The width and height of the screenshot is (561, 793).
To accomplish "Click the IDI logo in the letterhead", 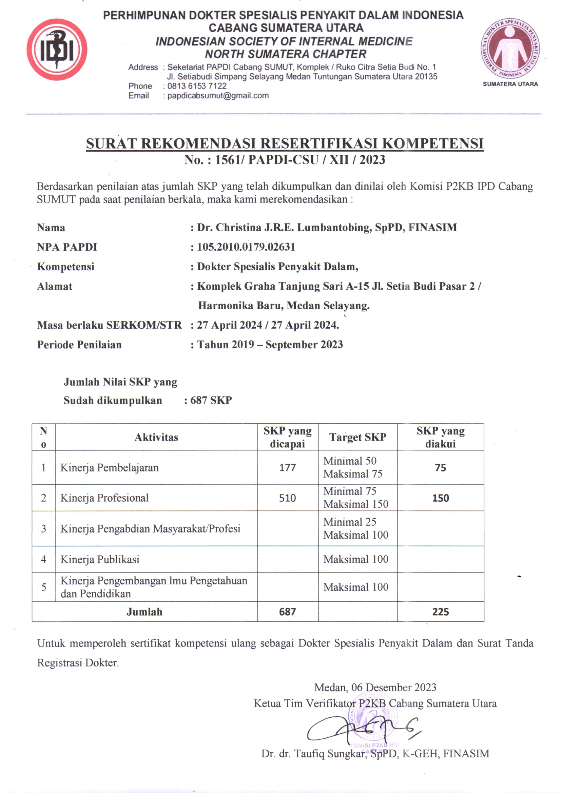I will coord(57,50).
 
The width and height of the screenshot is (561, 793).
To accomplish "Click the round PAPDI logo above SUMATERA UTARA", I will coord(510,49).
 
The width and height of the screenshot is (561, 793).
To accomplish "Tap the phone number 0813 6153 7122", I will coord(197,86).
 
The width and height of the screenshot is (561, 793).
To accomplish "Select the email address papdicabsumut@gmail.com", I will coord(218,96).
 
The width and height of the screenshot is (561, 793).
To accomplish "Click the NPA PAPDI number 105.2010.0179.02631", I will coord(246,247).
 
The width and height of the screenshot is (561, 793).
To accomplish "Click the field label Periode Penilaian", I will coord(79,345).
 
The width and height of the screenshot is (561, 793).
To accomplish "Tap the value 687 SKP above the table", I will coord(211,400).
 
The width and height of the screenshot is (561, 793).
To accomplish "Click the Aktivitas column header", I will coord(156,437).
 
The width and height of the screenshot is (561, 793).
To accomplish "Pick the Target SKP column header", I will coord(357,437).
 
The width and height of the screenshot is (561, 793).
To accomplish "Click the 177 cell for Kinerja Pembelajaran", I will coord(287,468).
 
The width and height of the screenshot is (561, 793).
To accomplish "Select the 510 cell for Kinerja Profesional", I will coord(287,498).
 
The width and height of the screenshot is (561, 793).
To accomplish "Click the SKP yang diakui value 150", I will coord(441,498).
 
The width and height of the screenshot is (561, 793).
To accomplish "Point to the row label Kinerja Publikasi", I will coord(100,560).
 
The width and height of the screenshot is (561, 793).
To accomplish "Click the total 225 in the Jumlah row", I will coord(441,612).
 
